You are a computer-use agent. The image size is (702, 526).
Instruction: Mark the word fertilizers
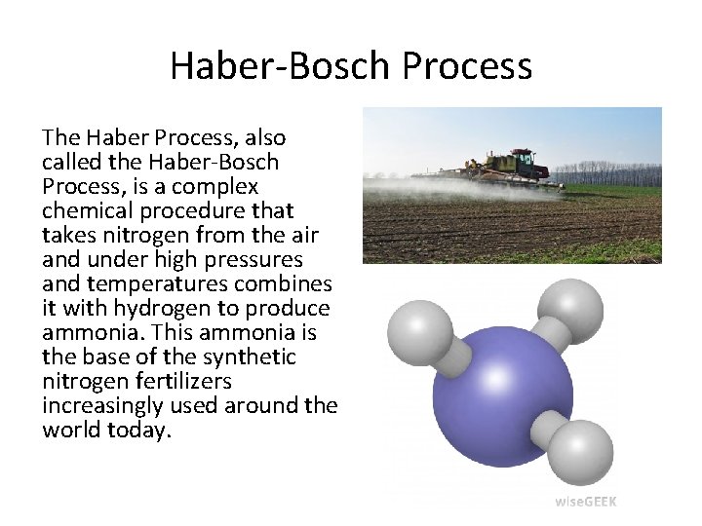click(x=184, y=382)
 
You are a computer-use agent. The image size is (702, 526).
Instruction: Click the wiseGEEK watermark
click(x=585, y=502)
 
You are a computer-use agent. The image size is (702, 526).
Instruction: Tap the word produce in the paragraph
click(x=292, y=309)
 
